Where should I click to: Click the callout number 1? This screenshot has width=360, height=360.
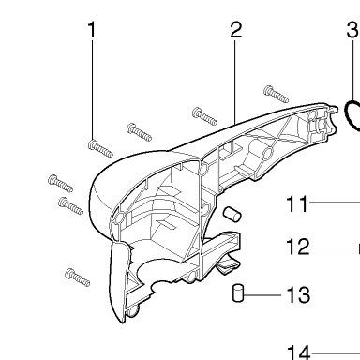(x=92, y=30)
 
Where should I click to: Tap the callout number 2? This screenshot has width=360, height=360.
(x=236, y=30)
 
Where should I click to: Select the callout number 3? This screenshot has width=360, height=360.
(x=352, y=30)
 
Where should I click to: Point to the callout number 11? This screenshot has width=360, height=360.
(x=297, y=203)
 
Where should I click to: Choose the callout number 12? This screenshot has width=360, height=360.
(x=298, y=247)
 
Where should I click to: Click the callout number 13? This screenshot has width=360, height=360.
(x=298, y=294)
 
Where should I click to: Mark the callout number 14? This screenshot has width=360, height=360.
(x=298, y=352)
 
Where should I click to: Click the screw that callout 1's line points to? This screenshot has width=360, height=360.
(x=100, y=149)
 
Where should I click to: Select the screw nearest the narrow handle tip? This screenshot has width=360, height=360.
(x=276, y=94)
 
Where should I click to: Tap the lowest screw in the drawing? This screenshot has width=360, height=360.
(x=78, y=277)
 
